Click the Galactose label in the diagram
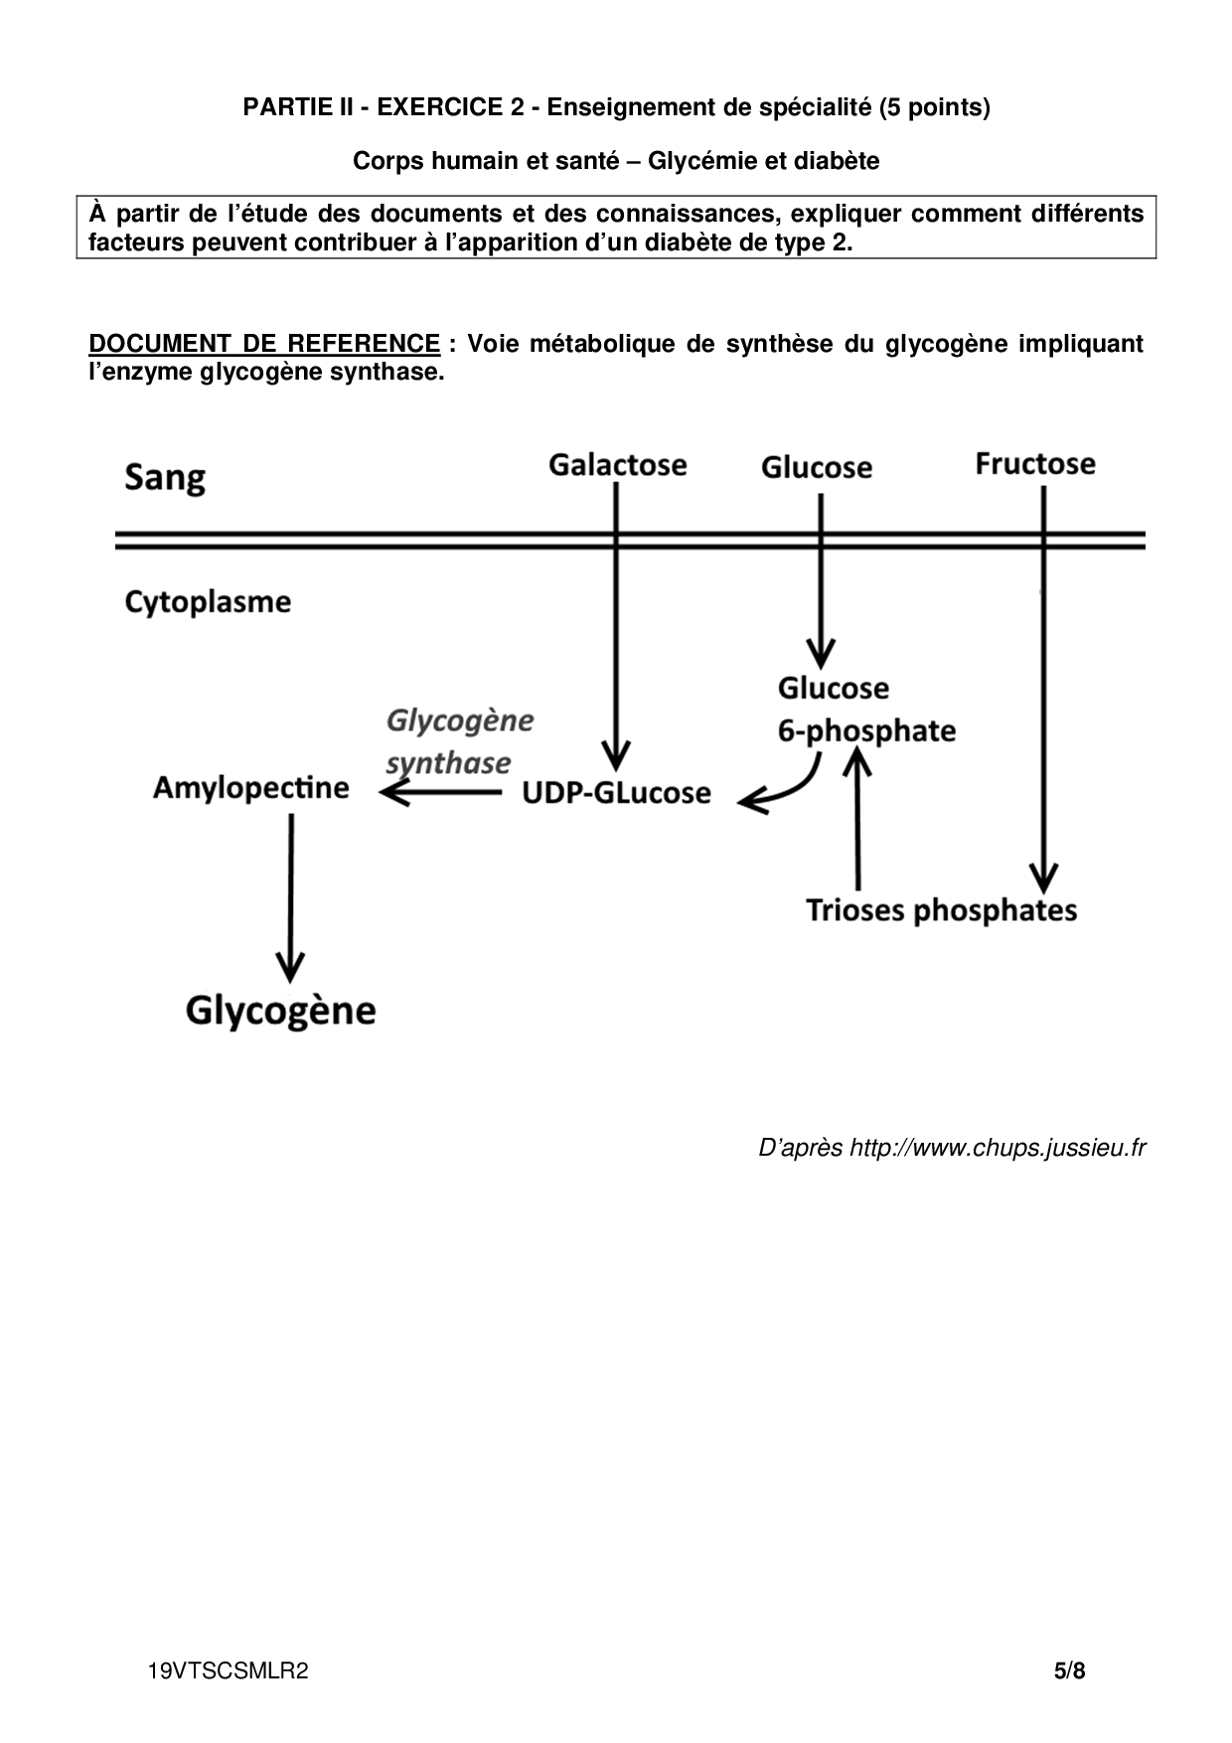coord(617,465)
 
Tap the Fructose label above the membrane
coord(1034,464)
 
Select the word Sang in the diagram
coord(165,478)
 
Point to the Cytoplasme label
coord(208,602)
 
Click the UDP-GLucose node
coord(616,793)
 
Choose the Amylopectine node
coord(251,788)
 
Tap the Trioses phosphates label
coord(941,910)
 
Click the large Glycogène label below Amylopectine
coord(281,1011)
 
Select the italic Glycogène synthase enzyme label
coord(458,741)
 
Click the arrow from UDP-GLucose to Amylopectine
coord(441,792)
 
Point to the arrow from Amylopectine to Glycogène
coord(290,894)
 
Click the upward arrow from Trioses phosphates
coord(858,815)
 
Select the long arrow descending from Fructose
coord(1042,696)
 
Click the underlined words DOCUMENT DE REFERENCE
coord(264,344)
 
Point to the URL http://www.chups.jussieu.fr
coord(997,1148)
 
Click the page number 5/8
coord(1070,1671)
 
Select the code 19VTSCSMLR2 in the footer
coord(228,1671)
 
